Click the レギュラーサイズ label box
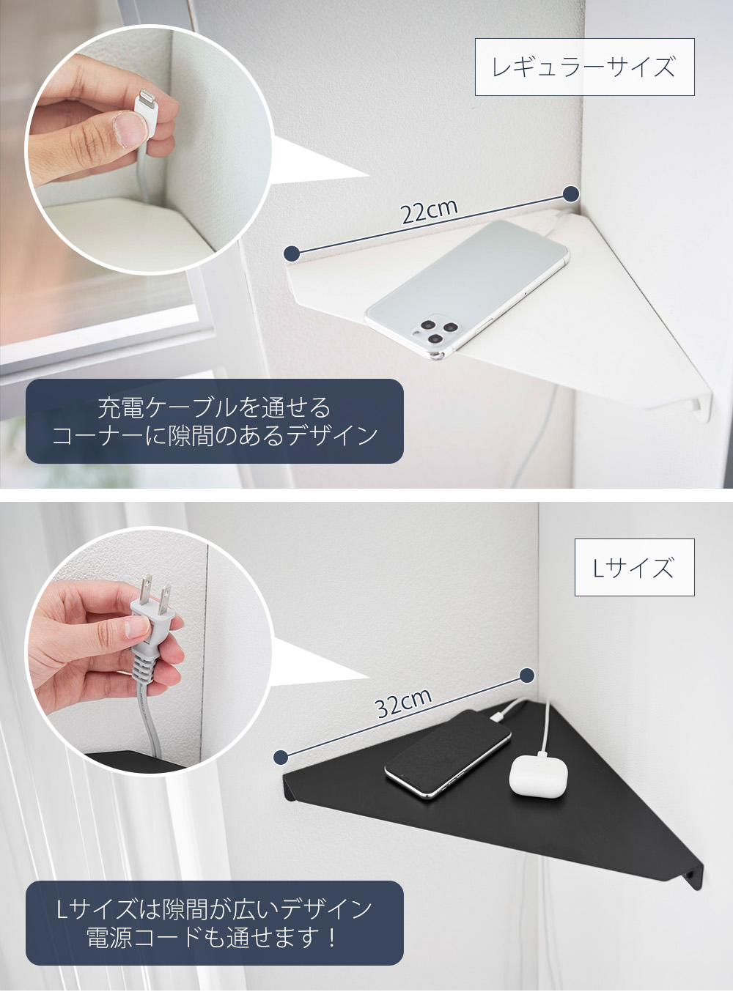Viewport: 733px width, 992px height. (x=584, y=67)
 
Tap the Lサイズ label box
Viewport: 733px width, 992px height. (x=633, y=568)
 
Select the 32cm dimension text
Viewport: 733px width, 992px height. (x=402, y=703)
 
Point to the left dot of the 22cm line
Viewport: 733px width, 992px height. (x=292, y=253)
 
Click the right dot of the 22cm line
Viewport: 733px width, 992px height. (x=571, y=194)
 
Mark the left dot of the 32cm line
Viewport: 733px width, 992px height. (x=281, y=757)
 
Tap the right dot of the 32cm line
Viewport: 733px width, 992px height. (x=526, y=675)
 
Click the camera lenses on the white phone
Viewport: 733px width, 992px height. (x=433, y=331)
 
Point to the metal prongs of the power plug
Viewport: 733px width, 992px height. (x=156, y=589)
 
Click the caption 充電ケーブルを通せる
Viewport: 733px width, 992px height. (x=214, y=407)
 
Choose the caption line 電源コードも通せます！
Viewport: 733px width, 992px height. (x=214, y=937)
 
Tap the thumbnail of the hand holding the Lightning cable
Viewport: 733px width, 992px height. (x=150, y=150)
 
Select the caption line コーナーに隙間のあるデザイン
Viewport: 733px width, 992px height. (x=214, y=436)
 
